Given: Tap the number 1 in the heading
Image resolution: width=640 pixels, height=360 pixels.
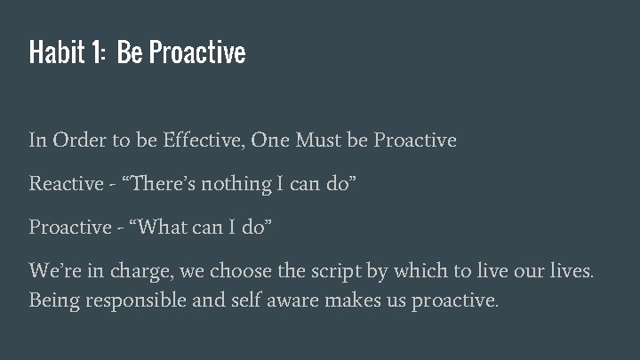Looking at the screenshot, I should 93,53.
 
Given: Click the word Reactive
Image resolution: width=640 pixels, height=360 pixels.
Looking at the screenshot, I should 66,183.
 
